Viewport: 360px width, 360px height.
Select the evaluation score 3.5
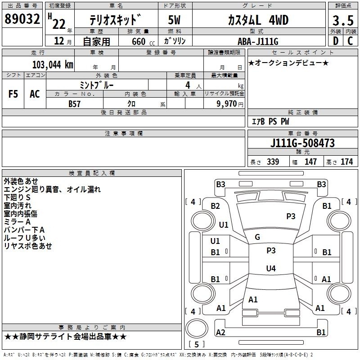[x=342, y=21]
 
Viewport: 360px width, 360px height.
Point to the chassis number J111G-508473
[x=302, y=143]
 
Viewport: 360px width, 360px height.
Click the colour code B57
[x=75, y=103]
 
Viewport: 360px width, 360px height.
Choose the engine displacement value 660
[x=139, y=41]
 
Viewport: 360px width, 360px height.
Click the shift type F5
[x=13, y=94]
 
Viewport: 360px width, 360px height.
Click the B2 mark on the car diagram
[x=216, y=206]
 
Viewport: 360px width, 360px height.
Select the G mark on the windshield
[x=257, y=237]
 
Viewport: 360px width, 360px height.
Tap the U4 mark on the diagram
[x=270, y=269]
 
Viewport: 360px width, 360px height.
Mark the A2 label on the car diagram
[x=220, y=332]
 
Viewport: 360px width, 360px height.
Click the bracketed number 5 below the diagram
[x=196, y=344]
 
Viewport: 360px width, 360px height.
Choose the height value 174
[x=346, y=162]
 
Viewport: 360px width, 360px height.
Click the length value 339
[x=272, y=162]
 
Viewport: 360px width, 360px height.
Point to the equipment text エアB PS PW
[x=270, y=121]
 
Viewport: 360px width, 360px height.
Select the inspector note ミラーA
[x=17, y=221]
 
